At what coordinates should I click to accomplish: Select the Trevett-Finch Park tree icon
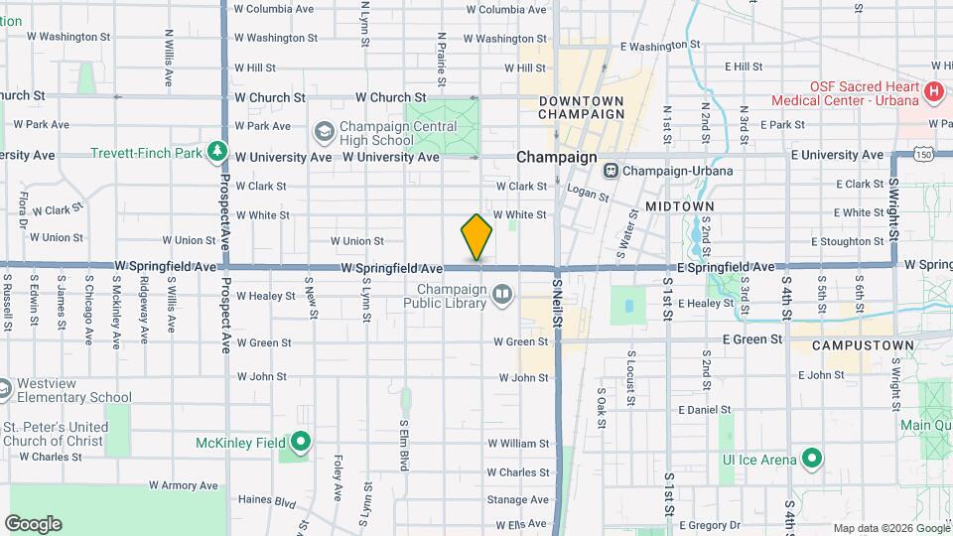click(217, 152)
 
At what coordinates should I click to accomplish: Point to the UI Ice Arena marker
click(812, 459)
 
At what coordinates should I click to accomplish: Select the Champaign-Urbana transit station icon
click(612, 170)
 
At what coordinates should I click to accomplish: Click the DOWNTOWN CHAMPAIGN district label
click(582, 107)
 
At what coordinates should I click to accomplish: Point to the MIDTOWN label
click(679, 205)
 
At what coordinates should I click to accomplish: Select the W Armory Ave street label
click(183, 485)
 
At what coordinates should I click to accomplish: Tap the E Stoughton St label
click(847, 241)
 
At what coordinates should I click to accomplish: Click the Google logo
click(33, 523)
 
